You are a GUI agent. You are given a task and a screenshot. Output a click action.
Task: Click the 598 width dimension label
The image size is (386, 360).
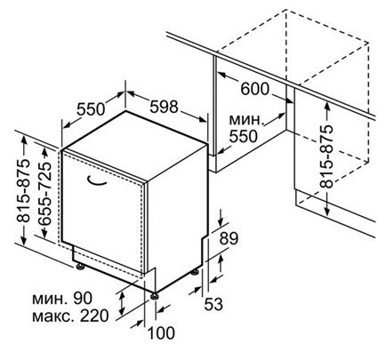(x=164, y=107)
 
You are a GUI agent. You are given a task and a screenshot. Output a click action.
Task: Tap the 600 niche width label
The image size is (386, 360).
(x=254, y=89)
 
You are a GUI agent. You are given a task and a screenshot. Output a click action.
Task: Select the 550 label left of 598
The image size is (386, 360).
(x=91, y=109)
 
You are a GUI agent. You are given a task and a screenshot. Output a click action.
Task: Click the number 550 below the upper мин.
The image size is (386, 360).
(x=243, y=136)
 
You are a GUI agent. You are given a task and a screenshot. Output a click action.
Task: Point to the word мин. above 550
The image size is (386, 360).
(x=246, y=120)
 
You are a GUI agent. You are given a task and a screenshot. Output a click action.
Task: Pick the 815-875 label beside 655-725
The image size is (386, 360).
(x=23, y=191)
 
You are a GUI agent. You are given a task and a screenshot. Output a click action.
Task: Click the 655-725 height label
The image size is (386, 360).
(x=45, y=193)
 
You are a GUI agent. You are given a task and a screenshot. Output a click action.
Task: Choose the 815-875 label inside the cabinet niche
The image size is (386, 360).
(x=326, y=157)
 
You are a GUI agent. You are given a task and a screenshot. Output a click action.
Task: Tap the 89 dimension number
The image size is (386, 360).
(x=229, y=239)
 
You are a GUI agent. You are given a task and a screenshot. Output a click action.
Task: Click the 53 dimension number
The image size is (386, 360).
(x=213, y=304)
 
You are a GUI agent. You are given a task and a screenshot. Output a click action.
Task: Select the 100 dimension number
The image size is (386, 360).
(x=161, y=333)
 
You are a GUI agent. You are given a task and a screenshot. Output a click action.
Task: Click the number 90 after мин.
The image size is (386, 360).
(x=83, y=299)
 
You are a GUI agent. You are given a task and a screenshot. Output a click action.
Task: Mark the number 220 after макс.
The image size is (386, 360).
(x=94, y=316)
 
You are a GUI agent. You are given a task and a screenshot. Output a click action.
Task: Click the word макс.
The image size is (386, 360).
(x=53, y=316)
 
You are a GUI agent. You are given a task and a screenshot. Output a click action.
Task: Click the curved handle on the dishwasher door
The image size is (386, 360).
(x=97, y=181)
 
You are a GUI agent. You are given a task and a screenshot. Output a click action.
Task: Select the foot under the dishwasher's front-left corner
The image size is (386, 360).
(x=80, y=267)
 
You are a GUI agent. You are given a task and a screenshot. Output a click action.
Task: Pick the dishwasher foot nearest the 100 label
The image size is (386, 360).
(x=155, y=296)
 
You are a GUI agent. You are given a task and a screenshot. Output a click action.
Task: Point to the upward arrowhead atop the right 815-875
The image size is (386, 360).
(x=326, y=106)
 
